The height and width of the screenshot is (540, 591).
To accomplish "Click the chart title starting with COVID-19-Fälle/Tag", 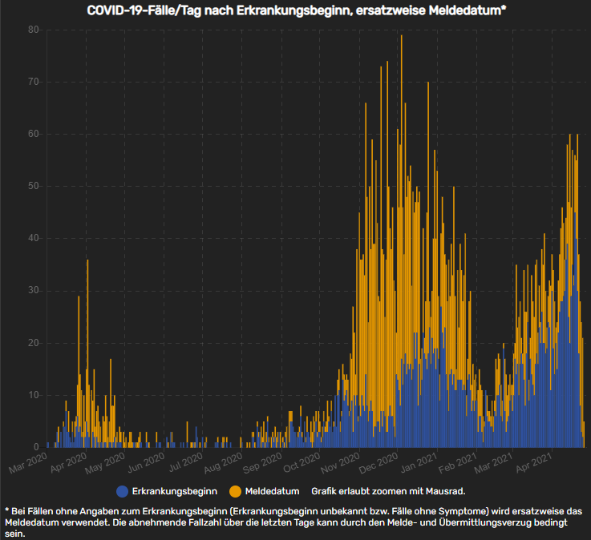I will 295,10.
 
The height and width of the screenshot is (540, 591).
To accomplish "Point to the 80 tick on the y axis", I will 33,30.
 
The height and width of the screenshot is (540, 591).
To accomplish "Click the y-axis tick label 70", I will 33,82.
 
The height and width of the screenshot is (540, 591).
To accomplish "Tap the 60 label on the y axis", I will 33,134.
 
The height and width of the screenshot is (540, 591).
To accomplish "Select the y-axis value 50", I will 33,186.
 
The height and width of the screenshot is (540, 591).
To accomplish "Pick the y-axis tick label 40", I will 33,238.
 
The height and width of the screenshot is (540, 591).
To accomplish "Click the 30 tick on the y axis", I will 33,290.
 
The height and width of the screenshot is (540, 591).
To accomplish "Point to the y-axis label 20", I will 33,342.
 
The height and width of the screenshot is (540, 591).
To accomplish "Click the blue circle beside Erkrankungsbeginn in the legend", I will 122,490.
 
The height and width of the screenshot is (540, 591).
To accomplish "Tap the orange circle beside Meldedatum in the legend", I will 236,490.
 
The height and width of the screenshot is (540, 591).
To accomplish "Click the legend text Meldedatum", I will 273,490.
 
